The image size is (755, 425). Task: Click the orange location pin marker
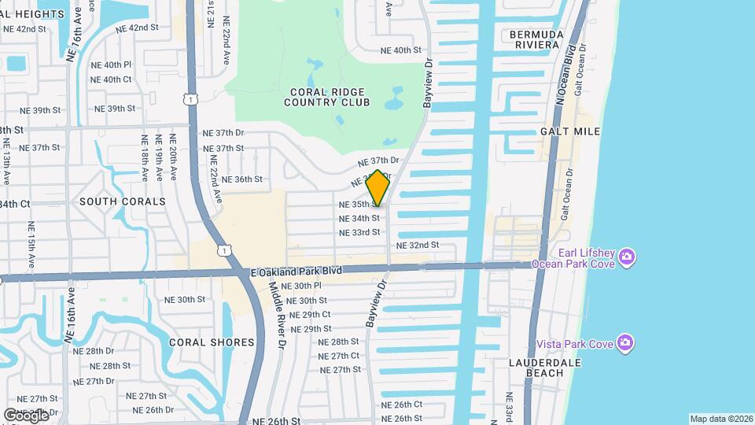(x=378, y=188)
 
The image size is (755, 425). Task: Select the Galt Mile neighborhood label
(x=570, y=131)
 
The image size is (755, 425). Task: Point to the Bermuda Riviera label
(x=536, y=39)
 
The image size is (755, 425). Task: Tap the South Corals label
(x=123, y=201)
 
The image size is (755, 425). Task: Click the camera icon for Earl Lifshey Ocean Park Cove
(x=627, y=257)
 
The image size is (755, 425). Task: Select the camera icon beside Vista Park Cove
(x=625, y=342)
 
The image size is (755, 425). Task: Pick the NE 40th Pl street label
(x=111, y=65)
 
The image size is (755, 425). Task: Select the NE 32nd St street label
(x=418, y=246)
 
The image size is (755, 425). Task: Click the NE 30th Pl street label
(x=301, y=286)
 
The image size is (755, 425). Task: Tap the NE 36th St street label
(x=241, y=179)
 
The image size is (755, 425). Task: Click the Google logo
(x=26, y=415)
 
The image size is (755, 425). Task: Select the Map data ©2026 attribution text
(x=720, y=419)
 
